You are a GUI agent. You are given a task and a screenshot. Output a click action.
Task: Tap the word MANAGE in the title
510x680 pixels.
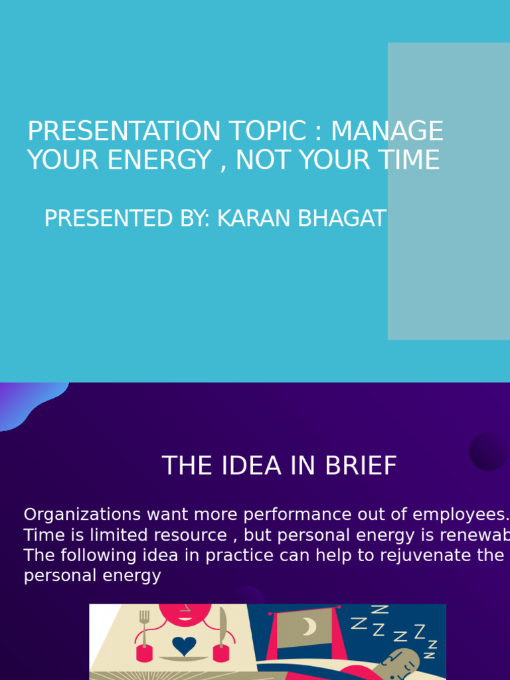[x=386, y=131]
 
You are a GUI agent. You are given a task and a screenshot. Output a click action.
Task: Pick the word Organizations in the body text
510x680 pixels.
[x=82, y=515]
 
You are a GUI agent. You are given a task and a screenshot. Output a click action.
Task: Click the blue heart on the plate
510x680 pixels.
[x=184, y=645]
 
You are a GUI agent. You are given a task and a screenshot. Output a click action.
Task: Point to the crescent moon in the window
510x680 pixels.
[x=309, y=626]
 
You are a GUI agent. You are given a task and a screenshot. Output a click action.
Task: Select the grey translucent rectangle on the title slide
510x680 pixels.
[x=449, y=191]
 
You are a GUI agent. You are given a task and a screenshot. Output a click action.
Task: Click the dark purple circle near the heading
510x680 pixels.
[x=488, y=452]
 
